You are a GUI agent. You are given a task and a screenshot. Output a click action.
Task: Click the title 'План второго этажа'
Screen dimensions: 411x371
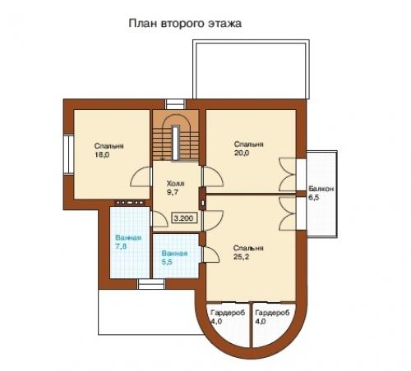[x=185, y=24]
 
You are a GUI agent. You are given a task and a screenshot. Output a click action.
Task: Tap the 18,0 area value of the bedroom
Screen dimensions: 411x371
[x=102, y=155]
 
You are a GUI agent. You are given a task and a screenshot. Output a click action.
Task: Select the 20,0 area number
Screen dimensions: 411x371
[x=242, y=153]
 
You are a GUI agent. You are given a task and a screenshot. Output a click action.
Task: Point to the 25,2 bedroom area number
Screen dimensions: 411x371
[x=241, y=257]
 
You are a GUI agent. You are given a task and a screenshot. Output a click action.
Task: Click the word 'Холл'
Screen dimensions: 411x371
[x=175, y=183]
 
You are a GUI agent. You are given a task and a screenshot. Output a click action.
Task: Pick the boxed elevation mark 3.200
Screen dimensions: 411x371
[x=184, y=218]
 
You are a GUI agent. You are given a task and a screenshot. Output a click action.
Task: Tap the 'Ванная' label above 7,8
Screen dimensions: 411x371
[x=128, y=237]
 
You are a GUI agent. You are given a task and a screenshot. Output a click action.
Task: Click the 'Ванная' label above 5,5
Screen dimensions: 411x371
[x=174, y=254]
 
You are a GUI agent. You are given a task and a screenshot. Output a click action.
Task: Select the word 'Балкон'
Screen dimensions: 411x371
[x=321, y=189]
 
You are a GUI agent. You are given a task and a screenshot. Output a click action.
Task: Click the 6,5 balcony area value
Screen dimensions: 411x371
[x=314, y=197]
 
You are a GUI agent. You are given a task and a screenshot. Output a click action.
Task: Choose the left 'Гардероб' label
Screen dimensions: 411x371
[x=228, y=313]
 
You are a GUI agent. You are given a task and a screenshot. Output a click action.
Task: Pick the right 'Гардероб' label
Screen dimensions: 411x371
[x=272, y=313]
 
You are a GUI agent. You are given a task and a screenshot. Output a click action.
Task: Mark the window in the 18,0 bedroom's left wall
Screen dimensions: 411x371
[x=68, y=154]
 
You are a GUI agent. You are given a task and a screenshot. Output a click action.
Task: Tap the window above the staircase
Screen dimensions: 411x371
[x=175, y=104]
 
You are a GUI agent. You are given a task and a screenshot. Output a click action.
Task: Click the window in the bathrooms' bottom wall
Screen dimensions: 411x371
[x=151, y=284]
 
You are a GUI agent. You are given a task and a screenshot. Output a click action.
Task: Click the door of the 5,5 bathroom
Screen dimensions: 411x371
[x=210, y=254]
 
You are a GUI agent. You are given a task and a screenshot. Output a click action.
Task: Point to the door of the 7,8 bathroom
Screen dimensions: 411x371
[x=159, y=219]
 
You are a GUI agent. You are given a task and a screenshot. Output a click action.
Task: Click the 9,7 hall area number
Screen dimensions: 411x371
[x=173, y=192]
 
